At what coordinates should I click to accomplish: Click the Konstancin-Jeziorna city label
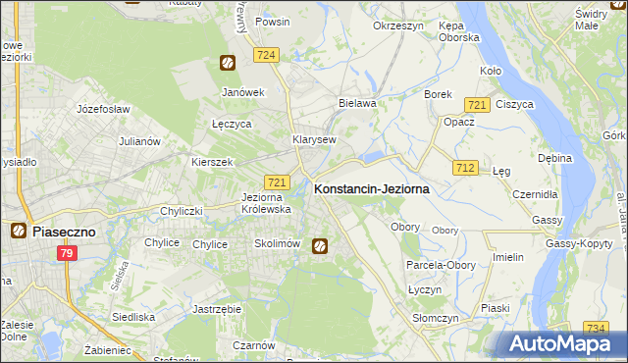[371, 189]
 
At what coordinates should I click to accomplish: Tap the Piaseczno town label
[62, 232]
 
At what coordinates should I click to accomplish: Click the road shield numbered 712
[466, 169]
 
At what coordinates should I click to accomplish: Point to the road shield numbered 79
[67, 255]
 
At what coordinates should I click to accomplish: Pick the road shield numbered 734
[595, 329]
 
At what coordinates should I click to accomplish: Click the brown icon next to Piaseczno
[18, 232]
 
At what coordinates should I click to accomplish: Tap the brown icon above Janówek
[227, 64]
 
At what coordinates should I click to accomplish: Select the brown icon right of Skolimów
[320, 245]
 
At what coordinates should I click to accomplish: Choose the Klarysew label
[314, 139]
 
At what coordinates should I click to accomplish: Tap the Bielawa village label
[357, 103]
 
